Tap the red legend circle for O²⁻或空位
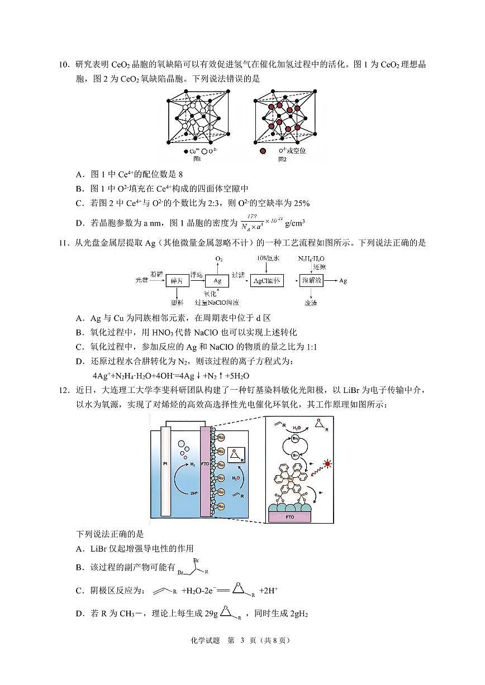pos(262,151)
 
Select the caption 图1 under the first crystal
pos(196,159)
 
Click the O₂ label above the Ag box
pos(219,260)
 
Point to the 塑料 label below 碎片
pos(177,302)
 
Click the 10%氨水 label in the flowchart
pos(268,259)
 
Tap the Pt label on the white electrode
pos(165,463)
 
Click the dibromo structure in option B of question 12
pos(193,567)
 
